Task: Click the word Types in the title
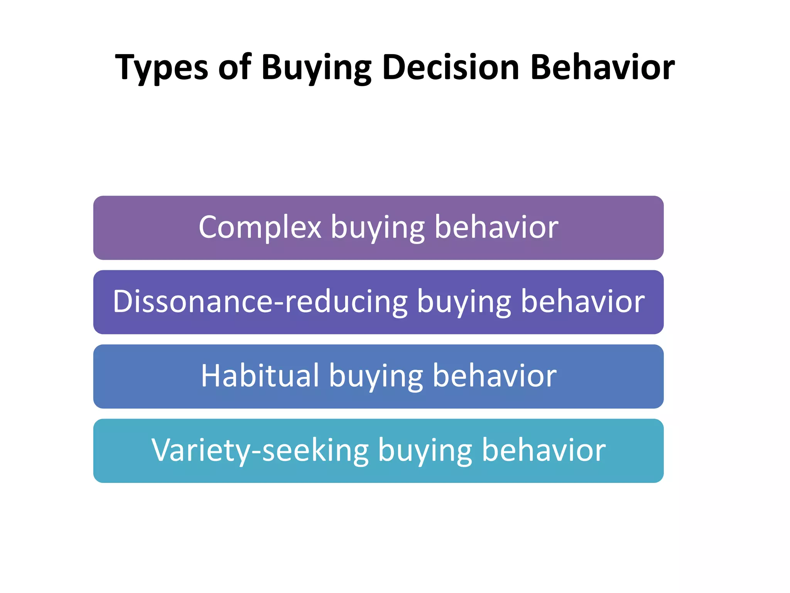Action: point(162,68)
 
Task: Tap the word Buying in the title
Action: point(316,68)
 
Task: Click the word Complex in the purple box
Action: point(260,227)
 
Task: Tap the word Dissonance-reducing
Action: point(260,302)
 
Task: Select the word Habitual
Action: point(260,376)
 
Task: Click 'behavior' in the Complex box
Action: point(496,227)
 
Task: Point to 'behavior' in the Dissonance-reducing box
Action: point(582,302)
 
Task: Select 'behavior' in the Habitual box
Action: point(495,376)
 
